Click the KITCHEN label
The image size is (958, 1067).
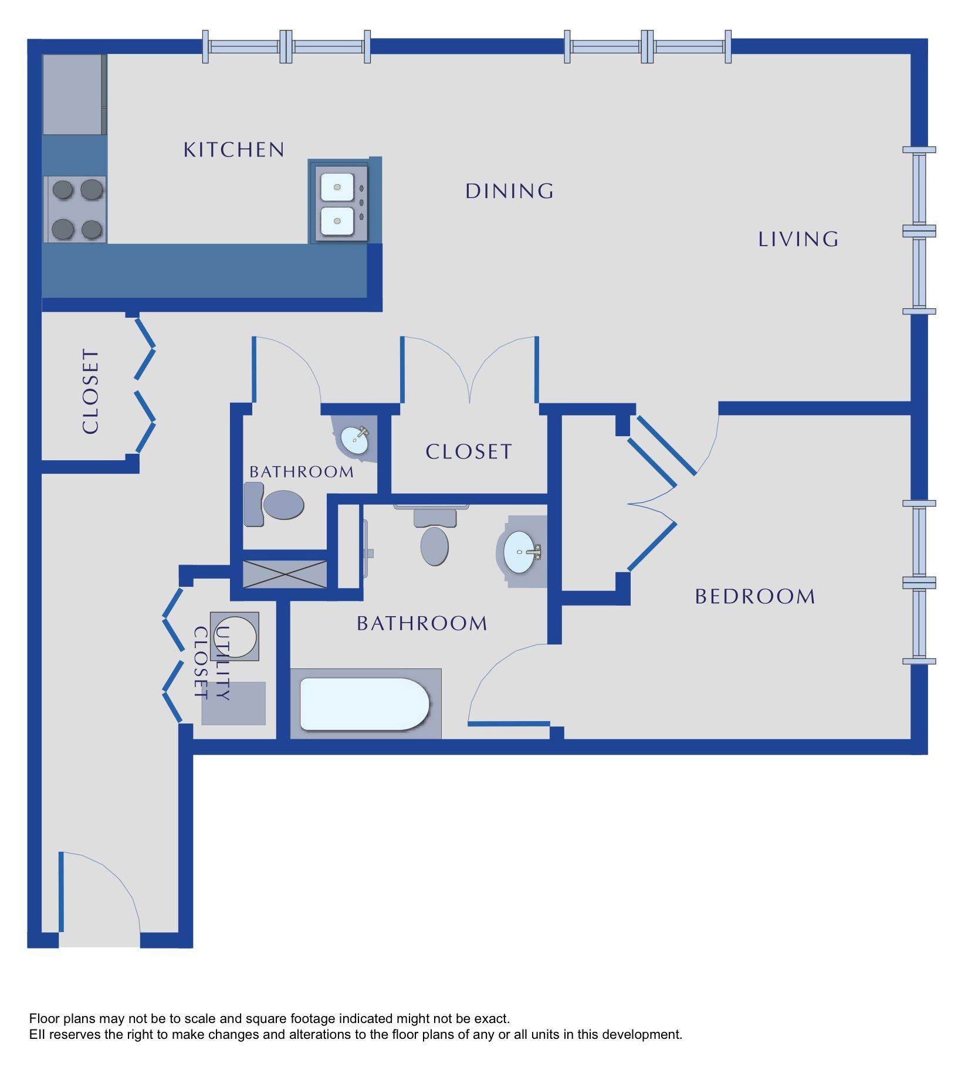click(x=234, y=149)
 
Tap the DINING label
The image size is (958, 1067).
click(x=509, y=191)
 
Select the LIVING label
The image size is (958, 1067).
click(x=798, y=239)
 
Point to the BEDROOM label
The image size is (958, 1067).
click(x=755, y=597)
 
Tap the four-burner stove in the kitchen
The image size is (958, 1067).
click(x=75, y=209)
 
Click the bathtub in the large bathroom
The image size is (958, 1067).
click(x=365, y=704)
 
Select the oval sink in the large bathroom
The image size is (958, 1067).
click(x=521, y=552)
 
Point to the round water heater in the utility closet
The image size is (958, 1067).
click(x=235, y=637)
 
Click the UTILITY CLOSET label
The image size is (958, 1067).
click(x=212, y=663)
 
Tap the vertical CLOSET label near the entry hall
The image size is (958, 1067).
click(x=90, y=392)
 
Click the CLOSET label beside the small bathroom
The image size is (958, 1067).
click(x=469, y=452)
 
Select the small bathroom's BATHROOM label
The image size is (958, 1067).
click(x=302, y=472)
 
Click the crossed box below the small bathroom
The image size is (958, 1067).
click(x=285, y=575)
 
